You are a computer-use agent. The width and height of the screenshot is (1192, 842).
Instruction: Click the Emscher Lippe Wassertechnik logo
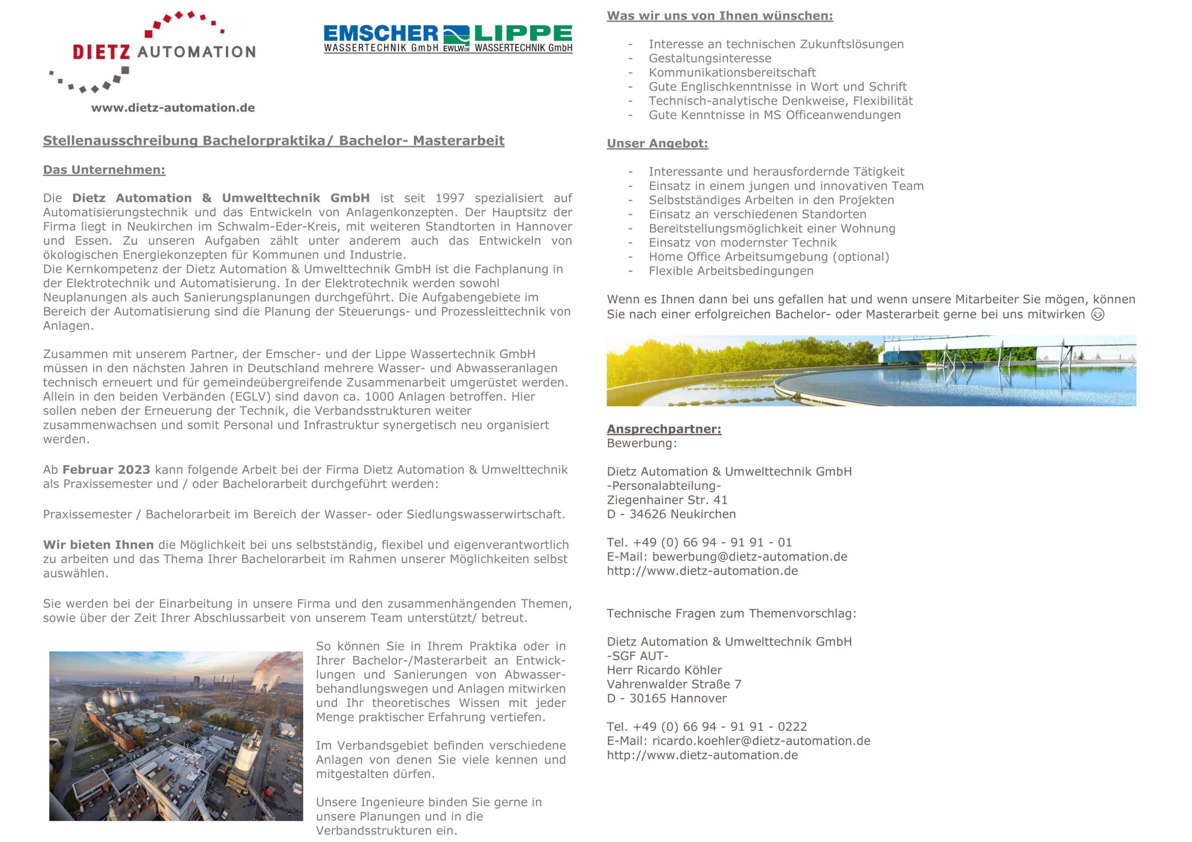coord(447,40)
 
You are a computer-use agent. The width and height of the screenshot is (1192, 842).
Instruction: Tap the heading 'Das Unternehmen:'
coord(104,170)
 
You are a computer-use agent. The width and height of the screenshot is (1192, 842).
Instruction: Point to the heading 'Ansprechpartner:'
coord(664,429)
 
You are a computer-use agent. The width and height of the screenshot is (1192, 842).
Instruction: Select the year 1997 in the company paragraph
coord(450,198)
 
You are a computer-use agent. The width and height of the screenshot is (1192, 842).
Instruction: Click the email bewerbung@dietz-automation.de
coord(749,557)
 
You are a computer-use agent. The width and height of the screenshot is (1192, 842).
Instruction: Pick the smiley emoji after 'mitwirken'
coord(1097,315)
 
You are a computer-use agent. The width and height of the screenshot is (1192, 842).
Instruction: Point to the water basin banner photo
coord(871,370)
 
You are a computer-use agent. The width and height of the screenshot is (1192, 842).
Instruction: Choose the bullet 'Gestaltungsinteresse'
coord(710,59)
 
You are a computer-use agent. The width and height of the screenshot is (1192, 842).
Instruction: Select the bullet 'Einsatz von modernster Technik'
coord(742,243)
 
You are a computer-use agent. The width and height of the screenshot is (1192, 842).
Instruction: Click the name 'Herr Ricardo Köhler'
coord(664,670)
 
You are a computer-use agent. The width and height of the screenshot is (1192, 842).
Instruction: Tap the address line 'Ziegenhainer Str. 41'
coord(667,500)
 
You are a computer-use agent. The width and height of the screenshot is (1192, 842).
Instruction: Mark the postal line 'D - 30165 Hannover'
coord(667,699)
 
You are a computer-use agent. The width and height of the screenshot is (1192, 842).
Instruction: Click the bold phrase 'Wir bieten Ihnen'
coord(98,545)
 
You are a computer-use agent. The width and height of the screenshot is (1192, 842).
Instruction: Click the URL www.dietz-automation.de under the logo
coord(173,108)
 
